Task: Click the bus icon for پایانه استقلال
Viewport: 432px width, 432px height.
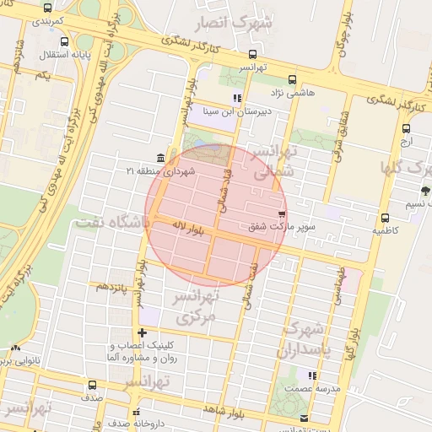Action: click(x=66, y=41)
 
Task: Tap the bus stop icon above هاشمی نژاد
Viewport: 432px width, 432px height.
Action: click(x=292, y=80)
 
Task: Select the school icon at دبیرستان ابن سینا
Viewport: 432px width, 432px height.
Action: click(x=237, y=98)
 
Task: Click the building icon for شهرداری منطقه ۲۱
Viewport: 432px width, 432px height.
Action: click(x=161, y=158)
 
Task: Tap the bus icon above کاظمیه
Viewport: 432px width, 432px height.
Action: click(x=385, y=218)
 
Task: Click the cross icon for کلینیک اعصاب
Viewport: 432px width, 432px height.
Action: click(x=143, y=333)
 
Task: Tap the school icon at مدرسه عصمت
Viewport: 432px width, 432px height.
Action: click(x=311, y=375)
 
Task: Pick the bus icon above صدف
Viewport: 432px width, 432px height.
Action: click(x=91, y=385)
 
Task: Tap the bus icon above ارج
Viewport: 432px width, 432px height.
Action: click(x=406, y=129)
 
